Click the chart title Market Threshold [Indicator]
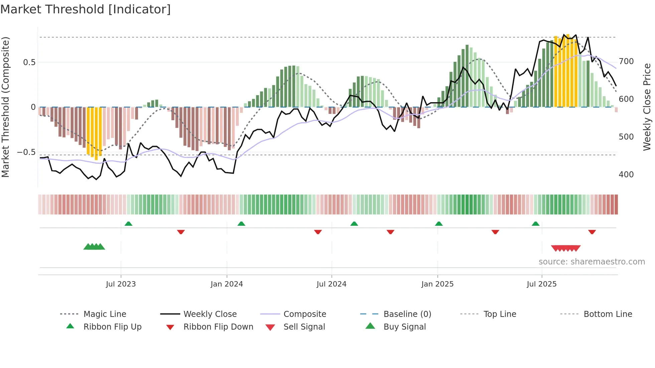pyautogui.click(x=86, y=9)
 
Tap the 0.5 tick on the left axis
pyautogui.click(x=29, y=62)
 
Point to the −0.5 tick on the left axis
pyautogui.click(x=26, y=152)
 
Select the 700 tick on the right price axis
pyautogui.click(x=626, y=61)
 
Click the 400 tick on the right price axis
pyautogui.click(x=626, y=175)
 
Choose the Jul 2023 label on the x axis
pyautogui.click(x=121, y=284)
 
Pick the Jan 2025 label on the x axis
pyautogui.click(x=437, y=284)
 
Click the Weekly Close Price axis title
pyautogui.click(x=647, y=107)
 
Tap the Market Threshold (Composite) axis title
pyautogui.click(x=5, y=107)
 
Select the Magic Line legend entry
pyautogui.click(x=105, y=314)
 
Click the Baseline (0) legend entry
pyautogui.click(x=407, y=314)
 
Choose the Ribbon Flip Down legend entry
pyautogui.click(x=218, y=327)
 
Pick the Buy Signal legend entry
pyautogui.click(x=404, y=327)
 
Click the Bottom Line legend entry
pyautogui.click(x=608, y=314)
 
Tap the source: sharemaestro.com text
pyautogui.click(x=592, y=262)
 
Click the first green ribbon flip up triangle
pyautogui.click(x=128, y=224)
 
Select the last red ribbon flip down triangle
pyautogui.click(x=592, y=232)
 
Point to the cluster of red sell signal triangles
pyautogui.click(x=565, y=248)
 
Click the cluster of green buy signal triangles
pyautogui.click(x=94, y=247)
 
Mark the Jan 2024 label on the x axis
pyautogui.click(x=227, y=284)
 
